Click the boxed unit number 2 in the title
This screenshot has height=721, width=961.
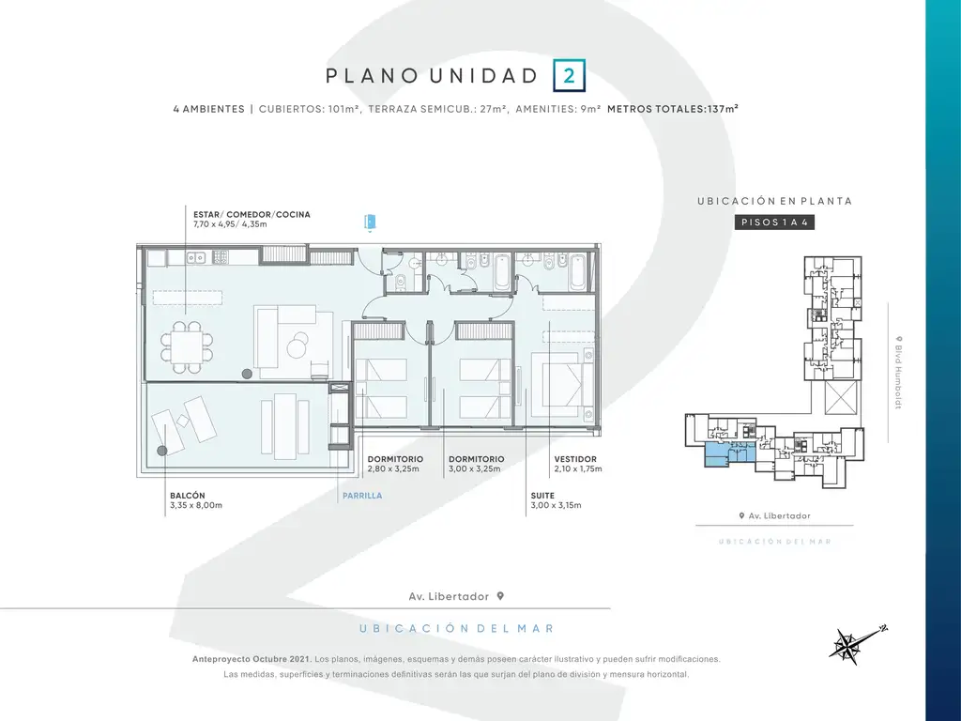click(x=569, y=75)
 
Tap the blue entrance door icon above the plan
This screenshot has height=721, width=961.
click(x=370, y=222)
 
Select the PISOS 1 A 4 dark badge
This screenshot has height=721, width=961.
click(x=774, y=222)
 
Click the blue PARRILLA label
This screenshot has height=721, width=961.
click(x=362, y=496)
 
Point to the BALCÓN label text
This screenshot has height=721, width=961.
click(x=188, y=496)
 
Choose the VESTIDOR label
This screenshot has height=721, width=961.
click(x=575, y=458)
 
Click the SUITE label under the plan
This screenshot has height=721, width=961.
click(x=542, y=496)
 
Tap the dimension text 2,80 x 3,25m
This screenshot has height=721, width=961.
click(x=393, y=469)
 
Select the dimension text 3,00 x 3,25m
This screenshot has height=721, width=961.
click(x=474, y=469)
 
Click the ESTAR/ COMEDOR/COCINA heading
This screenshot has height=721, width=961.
click(x=252, y=215)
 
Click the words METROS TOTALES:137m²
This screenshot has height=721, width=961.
click(x=672, y=109)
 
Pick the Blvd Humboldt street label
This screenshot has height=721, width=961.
click(x=898, y=372)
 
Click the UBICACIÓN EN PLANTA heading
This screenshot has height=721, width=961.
click(x=774, y=201)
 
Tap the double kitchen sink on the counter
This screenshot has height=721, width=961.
click(x=196, y=258)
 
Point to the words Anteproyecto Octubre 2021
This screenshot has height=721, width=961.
click(x=252, y=659)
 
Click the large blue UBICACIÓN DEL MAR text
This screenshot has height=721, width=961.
click(x=457, y=628)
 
